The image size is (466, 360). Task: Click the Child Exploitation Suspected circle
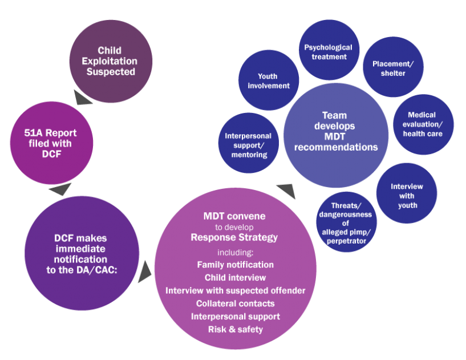tap(111, 61)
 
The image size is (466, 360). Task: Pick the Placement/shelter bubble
tap(392, 68)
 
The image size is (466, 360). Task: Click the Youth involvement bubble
tap(268, 80)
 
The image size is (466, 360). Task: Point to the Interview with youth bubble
tap(407, 195)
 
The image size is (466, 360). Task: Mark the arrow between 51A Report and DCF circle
tap(59, 189)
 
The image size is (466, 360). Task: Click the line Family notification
tap(235, 265)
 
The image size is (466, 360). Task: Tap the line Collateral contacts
tap(235, 304)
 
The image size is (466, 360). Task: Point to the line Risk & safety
tap(235, 329)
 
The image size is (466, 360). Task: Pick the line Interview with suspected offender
tap(235, 290)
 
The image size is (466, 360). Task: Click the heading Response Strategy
tap(234, 237)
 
